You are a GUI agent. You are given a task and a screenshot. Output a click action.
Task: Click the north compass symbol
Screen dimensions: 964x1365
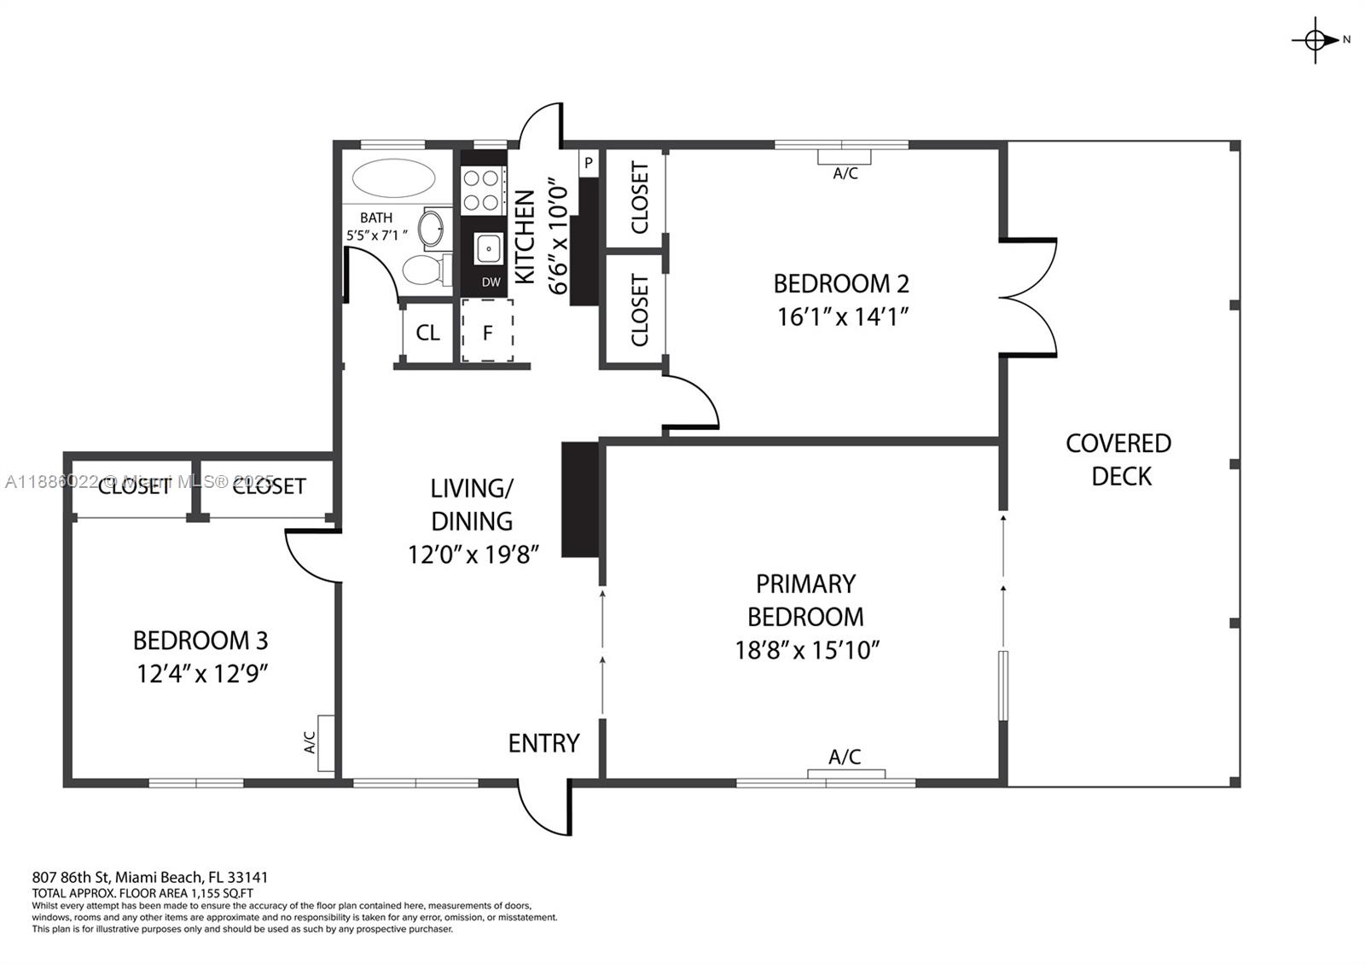(1316, 39)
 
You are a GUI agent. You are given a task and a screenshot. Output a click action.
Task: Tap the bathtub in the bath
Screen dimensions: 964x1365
(394, 178)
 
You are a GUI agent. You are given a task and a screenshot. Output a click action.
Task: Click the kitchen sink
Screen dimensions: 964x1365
(489, 249)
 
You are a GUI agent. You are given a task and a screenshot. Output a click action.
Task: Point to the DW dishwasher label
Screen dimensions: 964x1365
(491, 282)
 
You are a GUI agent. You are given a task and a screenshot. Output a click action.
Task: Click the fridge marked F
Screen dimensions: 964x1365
(487, 332)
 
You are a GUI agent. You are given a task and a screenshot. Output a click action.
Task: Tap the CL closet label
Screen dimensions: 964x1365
(427, 333)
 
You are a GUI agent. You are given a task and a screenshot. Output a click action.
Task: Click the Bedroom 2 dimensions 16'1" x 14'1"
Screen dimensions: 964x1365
(841, 316)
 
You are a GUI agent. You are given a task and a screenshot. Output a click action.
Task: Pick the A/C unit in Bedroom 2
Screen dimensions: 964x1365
(845, 157)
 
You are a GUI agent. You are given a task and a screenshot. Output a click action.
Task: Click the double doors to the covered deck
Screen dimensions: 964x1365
(1028, 297)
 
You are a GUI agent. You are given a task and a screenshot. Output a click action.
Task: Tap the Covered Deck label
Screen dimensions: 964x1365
(1119, 459)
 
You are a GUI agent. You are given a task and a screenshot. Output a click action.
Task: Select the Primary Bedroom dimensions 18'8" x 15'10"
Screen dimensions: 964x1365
(806, 651)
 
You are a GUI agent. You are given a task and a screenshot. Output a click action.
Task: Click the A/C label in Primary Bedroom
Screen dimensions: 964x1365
(845, 757)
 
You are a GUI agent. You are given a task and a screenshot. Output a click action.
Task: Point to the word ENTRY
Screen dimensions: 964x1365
(543, 743)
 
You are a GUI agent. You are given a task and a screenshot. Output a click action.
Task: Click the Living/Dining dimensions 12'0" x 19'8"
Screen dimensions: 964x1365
(473, 555)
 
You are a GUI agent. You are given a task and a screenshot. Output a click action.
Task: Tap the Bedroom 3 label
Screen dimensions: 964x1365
(200, 640)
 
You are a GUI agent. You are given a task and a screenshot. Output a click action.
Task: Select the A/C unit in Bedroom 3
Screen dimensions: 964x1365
(326, 743)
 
